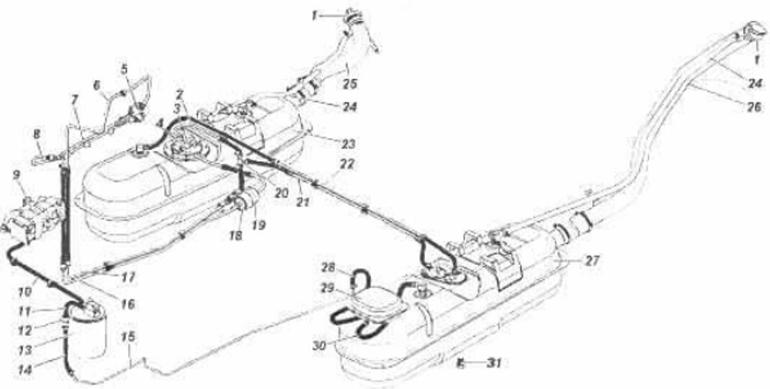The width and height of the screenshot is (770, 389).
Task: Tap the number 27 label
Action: (x=591, y=260)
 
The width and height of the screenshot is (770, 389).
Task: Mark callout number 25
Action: (x=350, y=84)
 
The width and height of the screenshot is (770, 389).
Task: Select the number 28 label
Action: (x=329, y=268)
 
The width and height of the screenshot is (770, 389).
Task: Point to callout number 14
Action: (x=25, y=369)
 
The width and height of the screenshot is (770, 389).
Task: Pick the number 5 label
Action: (x=125, y=67)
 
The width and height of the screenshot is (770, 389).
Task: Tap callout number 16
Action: (x=127, y=304)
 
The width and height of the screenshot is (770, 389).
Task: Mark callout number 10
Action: (x=25, y=292)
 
